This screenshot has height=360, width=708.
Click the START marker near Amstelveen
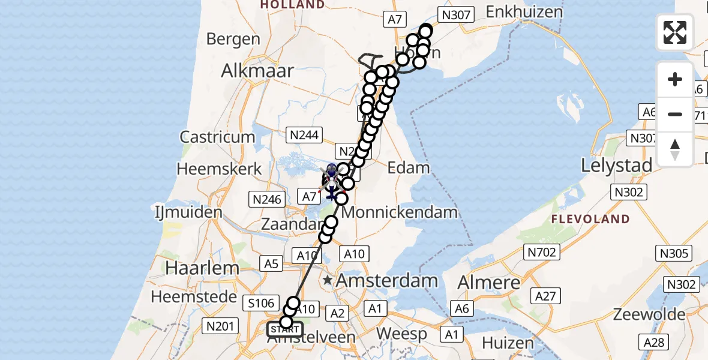[285, 329]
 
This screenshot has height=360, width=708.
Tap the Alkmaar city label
[257, 71]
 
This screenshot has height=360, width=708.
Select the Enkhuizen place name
[524, 11]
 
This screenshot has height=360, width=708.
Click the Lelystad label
[616, 165]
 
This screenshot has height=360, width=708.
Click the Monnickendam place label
[400, 212]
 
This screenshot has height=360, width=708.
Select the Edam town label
[409, 167]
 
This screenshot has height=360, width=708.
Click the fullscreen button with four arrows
[675, 32]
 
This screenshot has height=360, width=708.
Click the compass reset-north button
[675, 149]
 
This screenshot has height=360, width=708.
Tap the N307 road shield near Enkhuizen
[457, 15]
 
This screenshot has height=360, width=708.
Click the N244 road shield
[305, 135]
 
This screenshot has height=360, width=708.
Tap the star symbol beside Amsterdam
[328, 280]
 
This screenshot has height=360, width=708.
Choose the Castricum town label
[218, 137]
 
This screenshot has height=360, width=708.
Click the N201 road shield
[220, 326]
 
